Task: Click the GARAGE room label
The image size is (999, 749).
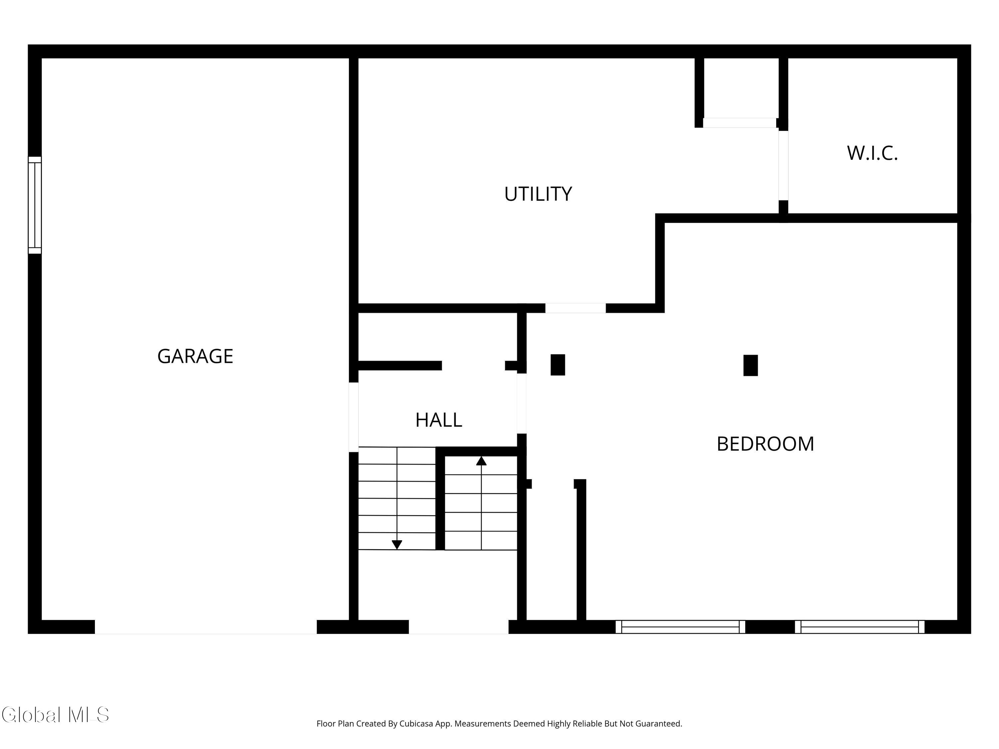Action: point(195,356)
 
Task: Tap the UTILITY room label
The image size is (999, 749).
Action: point(538,194)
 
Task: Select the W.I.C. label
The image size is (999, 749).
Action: point(872,153)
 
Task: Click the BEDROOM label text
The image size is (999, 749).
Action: point(765,444)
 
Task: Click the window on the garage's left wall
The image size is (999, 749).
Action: point(35,205)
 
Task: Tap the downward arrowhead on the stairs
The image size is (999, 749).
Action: point(397,545)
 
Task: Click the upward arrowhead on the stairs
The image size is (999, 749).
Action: point(482,461)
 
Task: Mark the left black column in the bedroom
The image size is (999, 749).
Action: point(558,365)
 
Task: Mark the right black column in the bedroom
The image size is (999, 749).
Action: point(751,365)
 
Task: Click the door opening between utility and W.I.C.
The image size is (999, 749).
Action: point(783,165)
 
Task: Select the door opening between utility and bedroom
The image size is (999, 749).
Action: point(575,308)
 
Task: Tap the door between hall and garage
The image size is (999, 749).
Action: point(354,417)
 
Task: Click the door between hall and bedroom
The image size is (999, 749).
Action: point(521,403)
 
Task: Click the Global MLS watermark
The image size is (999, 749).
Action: point(55,715)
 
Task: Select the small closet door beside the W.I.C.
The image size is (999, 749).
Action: point(739,123)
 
